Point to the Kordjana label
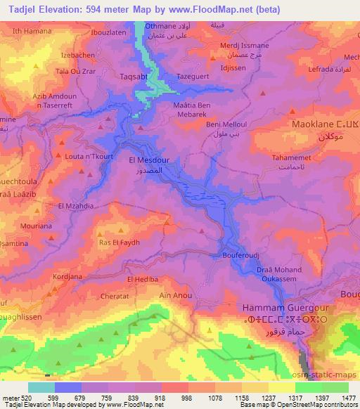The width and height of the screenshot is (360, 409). (x=66, y=277)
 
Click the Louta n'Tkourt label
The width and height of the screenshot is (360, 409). (x=90, y=156)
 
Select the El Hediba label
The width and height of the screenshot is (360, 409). (x=140, y=279)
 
